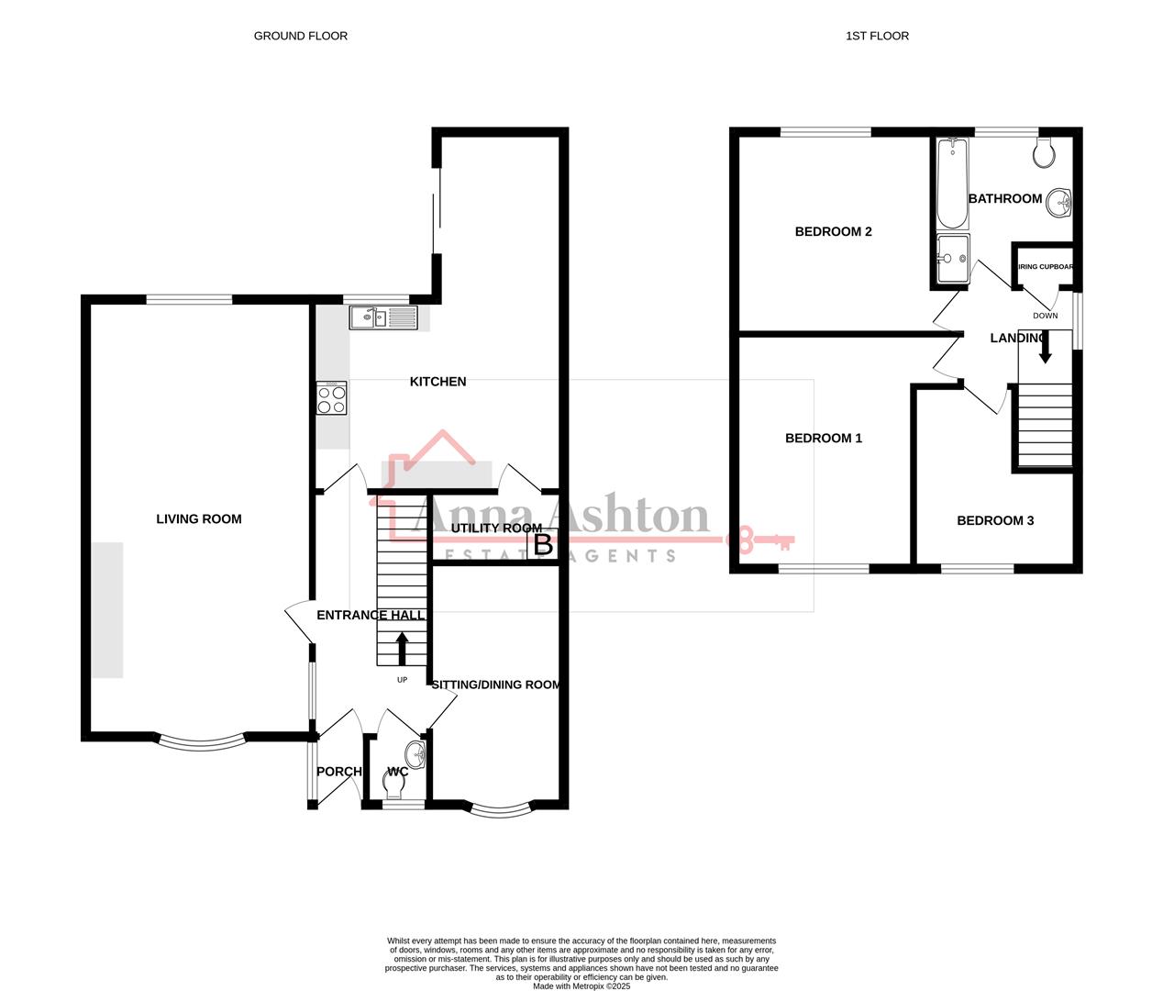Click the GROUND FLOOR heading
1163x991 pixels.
point(300,36)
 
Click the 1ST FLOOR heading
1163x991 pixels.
point(877,36)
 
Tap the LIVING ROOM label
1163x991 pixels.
point(199,519)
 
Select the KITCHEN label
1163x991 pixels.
point(438,382)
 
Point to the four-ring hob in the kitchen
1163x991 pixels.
point(332,398)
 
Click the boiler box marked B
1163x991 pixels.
point(543,545)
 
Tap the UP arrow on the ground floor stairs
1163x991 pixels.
point(402,647)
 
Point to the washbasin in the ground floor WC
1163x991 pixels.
point(415,755)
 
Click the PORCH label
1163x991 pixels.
point(339,772)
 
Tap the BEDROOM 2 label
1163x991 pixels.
point(833,231)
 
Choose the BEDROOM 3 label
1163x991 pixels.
point(995,521)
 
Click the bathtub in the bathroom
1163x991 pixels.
point(952,184)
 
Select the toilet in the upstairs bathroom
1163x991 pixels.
point(1044,153)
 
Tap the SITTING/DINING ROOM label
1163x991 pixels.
point(495,685)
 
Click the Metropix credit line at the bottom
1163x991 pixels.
point(581,986)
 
